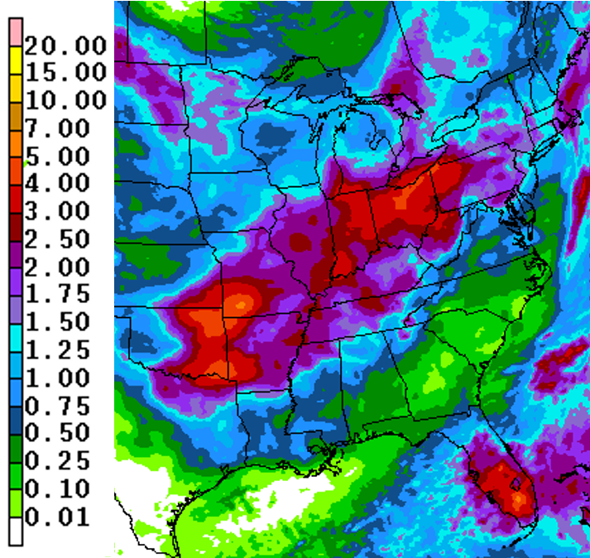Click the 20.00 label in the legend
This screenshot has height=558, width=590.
[65, 45]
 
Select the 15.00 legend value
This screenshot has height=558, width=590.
[65, 73]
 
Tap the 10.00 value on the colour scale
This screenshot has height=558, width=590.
[65, 100]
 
